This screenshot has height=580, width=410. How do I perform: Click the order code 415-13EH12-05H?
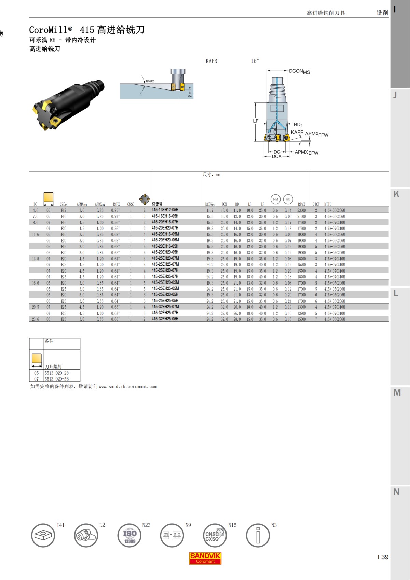click(165, 210)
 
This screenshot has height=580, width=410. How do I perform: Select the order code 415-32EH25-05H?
click(165, 319)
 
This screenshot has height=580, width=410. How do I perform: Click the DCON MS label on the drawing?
click(299, 71)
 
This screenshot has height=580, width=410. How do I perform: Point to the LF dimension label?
click(256, 121)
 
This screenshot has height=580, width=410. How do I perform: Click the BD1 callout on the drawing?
click(298, 125)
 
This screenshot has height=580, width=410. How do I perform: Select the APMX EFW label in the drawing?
click(306, 152)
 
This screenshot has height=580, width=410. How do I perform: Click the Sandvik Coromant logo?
click(205, 558)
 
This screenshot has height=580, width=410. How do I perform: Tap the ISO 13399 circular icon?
click(129, 535)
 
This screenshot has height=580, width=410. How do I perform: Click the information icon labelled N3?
click(258, 535)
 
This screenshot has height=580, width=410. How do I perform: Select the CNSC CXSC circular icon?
click(215, 535)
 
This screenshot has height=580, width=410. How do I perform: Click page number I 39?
click(383, 557)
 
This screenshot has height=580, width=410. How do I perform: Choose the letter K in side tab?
click(396, 194)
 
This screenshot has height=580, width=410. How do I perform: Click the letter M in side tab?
click(397, 393)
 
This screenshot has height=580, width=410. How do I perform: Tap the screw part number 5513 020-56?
click(57, 379)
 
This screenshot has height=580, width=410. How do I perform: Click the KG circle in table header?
click(288, 199)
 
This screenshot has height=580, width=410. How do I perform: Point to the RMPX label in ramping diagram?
click(150, 81)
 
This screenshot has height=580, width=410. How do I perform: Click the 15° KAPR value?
click(255, 61)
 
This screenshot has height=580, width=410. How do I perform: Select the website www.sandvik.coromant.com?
click(128, 387)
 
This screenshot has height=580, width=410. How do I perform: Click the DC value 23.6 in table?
click(36, 319)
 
